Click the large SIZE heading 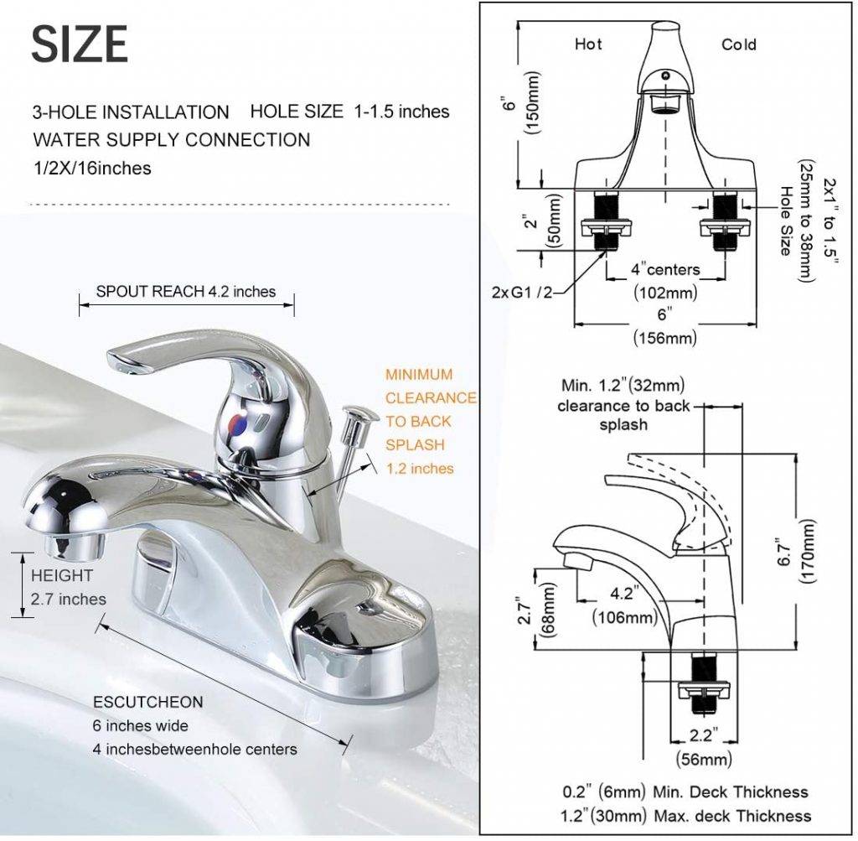(x=80, y=44)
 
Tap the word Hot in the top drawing (x=587, y=44)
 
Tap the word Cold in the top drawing (x=738, y=44)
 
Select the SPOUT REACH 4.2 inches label (x=185, y=292)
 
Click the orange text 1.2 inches (x=420, y=469)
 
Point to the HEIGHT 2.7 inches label (x=69, y=588)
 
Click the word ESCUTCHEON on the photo (x=147, y=702)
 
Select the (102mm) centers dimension (x=665, y=293)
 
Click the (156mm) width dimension (x=664, y=338)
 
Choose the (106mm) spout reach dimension (x=624, y=618)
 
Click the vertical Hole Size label (x=786, y=221)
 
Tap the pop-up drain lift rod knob (x=359, y=413)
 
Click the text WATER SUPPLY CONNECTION (x=172, y=139)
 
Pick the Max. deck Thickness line (x=685, y=815)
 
